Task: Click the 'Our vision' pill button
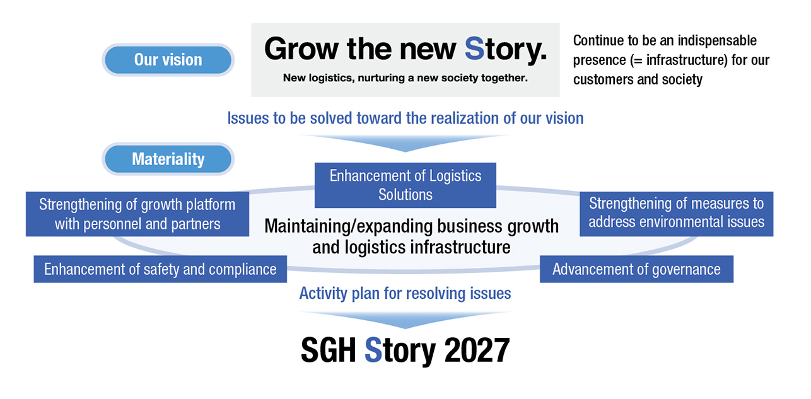[168, 60]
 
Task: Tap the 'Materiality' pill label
[168, 159]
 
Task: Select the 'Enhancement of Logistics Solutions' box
[405, 185]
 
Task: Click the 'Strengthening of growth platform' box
[137, 214]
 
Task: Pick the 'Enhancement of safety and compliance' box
[160, 269]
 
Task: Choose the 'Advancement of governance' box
[636, 269]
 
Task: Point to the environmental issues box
[676, 213]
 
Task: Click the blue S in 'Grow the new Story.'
[474, 49]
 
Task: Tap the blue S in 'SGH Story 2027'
[373, 350]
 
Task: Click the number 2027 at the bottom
[477, 350]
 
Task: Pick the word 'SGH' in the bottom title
[329, 350]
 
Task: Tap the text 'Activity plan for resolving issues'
[405, 293]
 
